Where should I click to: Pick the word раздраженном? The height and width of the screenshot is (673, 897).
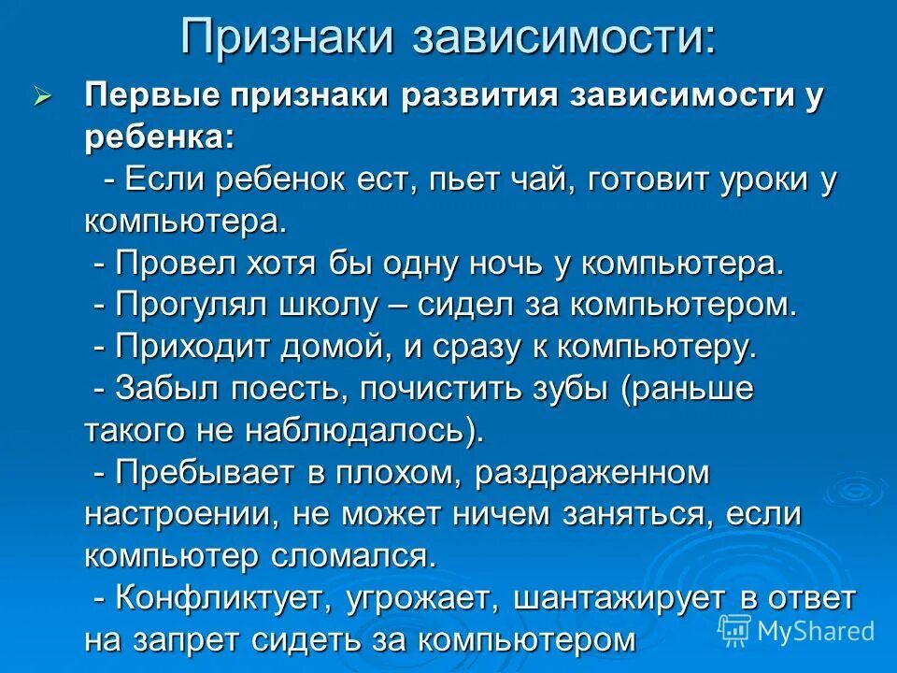pyautogui.click(x=592, y=473)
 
